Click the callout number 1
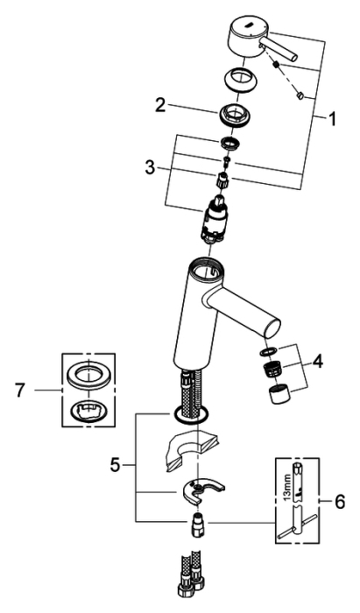pyautogui.click(x=332, y=119)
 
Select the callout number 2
pyautogui.click(x=160, y=106)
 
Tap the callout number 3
pyautogui.click(x=150, y=168)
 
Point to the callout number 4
pyautogui.click(x=318, y=362)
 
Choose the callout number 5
pyautogui.click(x=115, y=465)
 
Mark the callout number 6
pyautogui.click(x=339, y=501)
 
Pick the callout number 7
pyautogui.click(x=20, y=391)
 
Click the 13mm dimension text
pyautogui.click(x=287, y=489)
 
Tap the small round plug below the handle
pyautogui.click(x=301, y=95)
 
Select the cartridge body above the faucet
pyautogui.click(x=214, y=219)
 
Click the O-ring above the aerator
pyautogui.click(x=268, y=350)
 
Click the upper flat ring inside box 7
pyautogui.click(x=88, y=376)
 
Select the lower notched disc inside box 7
pyautogui.click(x=88, y=412)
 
